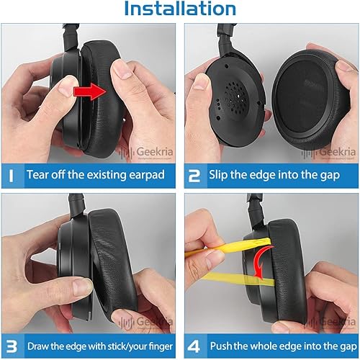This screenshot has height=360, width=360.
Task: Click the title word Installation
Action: [180, 10]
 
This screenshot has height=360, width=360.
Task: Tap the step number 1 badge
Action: [12, 174]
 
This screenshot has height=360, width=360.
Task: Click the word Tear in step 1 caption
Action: [39, 174]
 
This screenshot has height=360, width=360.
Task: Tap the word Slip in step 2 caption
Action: [220, 174]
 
